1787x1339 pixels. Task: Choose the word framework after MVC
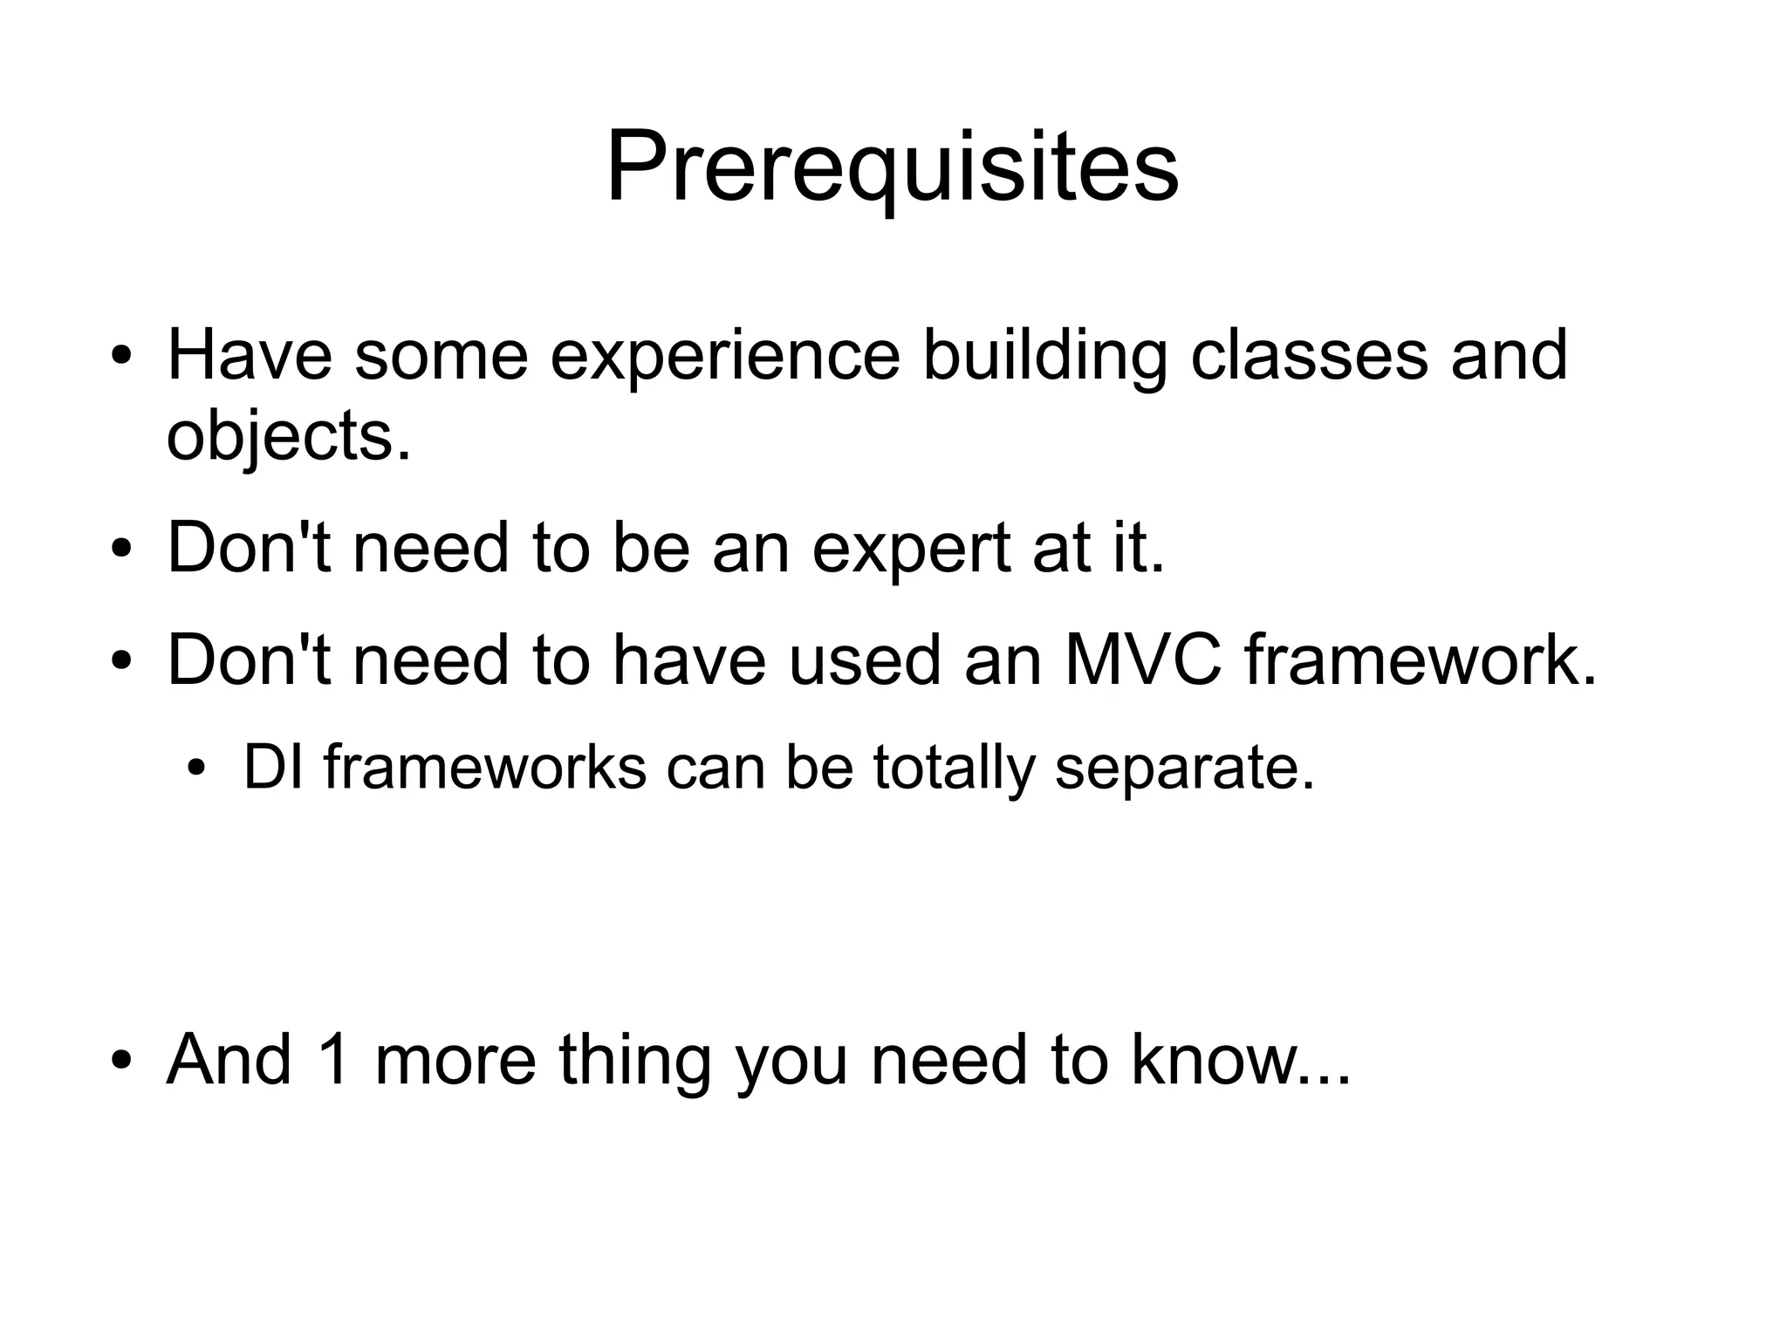(1421, 660)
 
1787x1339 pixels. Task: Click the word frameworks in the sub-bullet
(484, 768)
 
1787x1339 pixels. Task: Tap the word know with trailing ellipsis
(1240, 1060)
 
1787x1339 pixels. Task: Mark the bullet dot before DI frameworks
(198, 769)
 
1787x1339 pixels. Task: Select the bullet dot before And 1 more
(121, 1062)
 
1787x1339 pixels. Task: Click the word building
(1044, 358)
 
